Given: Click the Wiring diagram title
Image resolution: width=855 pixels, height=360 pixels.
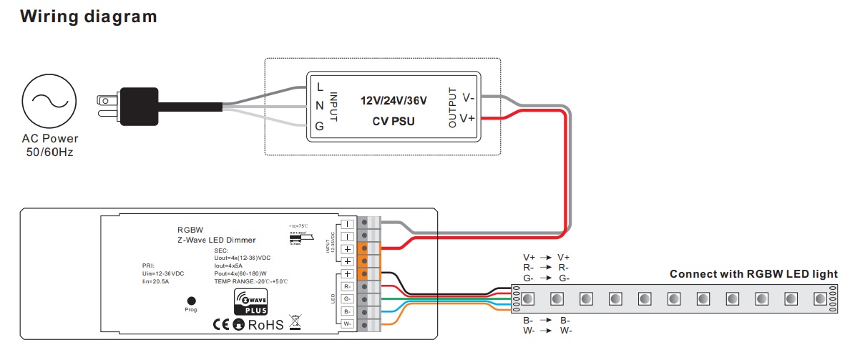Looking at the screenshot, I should tap(89, 16).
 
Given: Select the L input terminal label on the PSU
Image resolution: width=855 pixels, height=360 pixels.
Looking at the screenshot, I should tap(319, 87).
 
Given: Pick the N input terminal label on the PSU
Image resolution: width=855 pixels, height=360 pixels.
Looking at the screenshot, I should tap(319, 107).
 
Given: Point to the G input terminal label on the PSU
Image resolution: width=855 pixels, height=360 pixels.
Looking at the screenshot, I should tap(319, 127).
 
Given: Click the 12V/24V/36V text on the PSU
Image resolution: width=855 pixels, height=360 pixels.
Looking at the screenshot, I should tap(394, 101).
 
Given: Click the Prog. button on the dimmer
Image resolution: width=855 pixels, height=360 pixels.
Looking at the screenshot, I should tap(191, 302).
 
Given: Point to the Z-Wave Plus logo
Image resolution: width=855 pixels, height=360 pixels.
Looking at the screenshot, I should tap(251, 302).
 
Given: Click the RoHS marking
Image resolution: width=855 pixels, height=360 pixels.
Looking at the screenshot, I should tap(265, 325).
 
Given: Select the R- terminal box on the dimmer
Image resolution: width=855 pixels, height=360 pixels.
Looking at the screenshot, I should tap(347, 286).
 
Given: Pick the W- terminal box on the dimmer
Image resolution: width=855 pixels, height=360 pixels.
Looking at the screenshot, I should tap(347, 324).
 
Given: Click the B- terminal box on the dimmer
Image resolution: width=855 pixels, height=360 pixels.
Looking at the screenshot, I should tap(347, 311).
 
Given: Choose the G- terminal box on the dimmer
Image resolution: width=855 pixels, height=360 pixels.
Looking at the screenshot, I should tap(347, 298).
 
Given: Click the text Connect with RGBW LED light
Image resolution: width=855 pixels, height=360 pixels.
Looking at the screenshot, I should tap(753, 274).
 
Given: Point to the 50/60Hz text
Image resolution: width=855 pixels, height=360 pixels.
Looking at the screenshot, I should tap(49, 153).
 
